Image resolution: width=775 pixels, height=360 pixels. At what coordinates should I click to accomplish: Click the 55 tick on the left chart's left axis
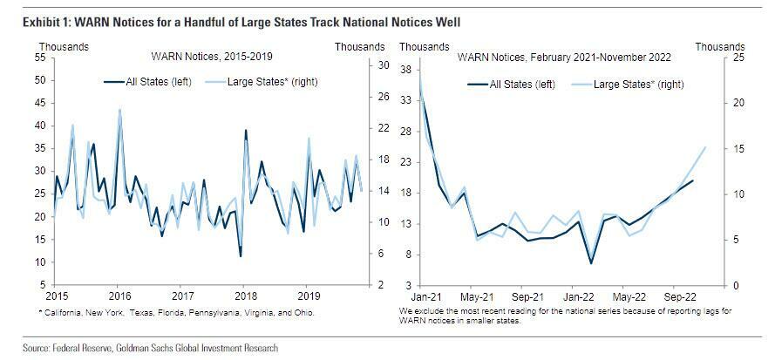point(40,58)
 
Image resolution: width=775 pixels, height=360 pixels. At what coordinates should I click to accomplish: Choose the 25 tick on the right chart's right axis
point(714,58)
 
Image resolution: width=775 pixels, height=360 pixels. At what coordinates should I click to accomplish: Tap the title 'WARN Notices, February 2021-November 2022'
point(562,58)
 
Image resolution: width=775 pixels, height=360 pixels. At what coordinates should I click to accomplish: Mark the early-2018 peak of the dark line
point(246,131)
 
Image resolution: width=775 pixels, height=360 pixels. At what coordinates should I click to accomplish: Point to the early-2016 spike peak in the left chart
point(119,110)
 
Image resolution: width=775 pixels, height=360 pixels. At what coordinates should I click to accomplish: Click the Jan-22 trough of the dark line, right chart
point(591,262)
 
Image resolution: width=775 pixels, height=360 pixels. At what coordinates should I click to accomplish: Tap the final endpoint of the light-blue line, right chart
point(704,147)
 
